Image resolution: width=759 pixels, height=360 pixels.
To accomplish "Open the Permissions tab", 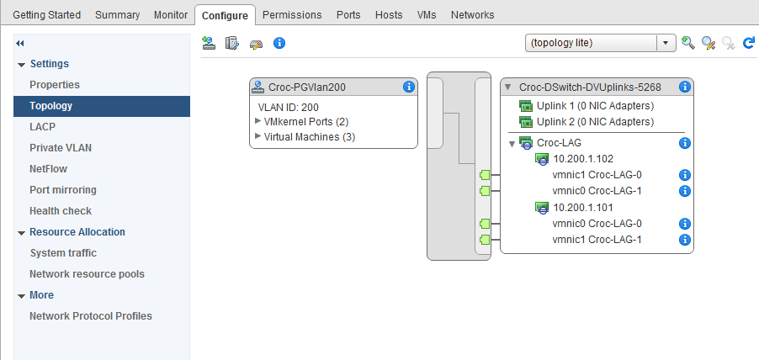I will click(x=292, y=15).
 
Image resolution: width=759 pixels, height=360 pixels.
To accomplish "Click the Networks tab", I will click(x=472, y=15).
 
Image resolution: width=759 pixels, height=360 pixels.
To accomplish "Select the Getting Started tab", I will click(x=46, y=15).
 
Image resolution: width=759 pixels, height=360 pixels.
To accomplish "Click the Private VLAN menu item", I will click(x=61, y=148).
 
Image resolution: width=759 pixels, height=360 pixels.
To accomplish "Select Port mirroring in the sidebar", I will click(x=63, y=190).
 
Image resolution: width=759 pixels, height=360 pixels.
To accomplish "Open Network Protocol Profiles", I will click(x=91, y=316).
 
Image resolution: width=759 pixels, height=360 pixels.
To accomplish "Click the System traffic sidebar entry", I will click(x=63, y=253).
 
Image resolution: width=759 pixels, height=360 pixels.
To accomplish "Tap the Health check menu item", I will click(x=61, y=211).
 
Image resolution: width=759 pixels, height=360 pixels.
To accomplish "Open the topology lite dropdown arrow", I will click(x=666, y=44).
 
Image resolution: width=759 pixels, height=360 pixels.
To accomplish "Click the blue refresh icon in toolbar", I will click(x=748, y=44).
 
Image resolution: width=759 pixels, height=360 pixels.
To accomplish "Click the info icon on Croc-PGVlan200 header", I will click(x=409, y=87).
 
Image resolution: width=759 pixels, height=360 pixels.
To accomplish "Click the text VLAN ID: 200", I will click(x=288, y=107).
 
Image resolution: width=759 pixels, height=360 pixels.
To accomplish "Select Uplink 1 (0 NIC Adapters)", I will click(x=594, y=106).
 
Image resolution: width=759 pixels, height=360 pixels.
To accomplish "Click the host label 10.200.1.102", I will click(x=583, y=159).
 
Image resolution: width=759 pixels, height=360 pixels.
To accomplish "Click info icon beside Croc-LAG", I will click(x=684, y=143).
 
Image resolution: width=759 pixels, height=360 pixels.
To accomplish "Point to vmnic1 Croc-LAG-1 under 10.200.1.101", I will click(x=597, y=240).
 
